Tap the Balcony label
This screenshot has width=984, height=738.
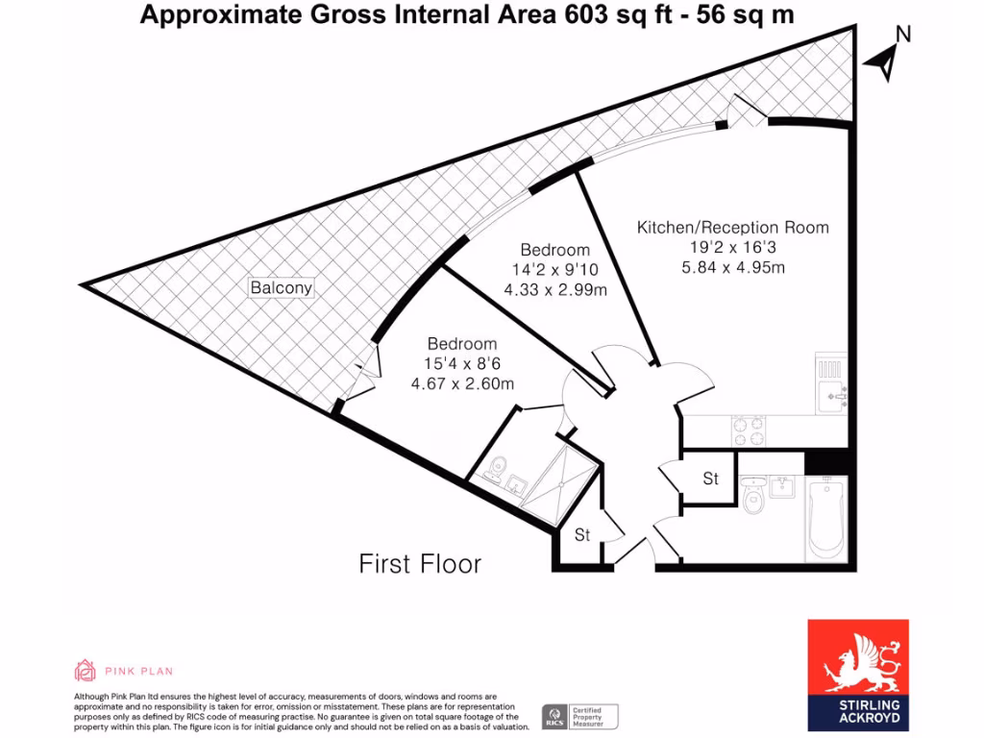tap(282, 287)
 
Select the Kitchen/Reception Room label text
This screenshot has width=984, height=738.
tap(732, 228)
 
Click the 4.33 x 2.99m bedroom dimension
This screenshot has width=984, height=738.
tap(554, 288)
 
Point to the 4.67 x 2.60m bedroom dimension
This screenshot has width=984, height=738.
tap(462, 383)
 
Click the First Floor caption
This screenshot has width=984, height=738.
tap(420, 563)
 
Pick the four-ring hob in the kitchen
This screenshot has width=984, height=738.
tap(748, 430)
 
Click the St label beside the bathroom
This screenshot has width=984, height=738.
tap(710, 479)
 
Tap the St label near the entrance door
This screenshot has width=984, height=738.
tap(582, 535)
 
